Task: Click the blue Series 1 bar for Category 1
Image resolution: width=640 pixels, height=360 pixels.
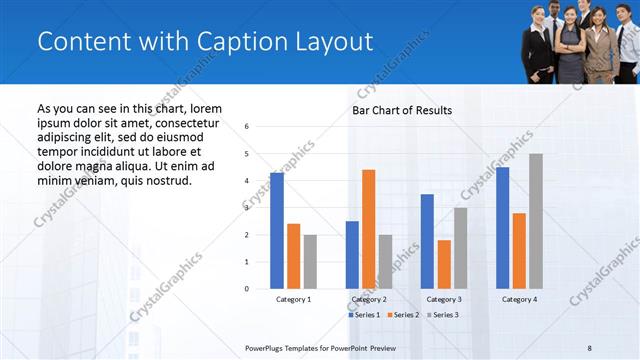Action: (x=277, y=231)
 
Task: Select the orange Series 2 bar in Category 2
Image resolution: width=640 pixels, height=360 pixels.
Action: (x=369, y=229)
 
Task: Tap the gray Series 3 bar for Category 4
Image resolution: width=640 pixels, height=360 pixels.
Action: (x=536, y=221)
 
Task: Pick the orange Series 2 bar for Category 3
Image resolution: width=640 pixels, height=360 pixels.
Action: (x=444, y=264)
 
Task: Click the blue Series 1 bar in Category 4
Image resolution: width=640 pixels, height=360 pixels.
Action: (x=502, y=228)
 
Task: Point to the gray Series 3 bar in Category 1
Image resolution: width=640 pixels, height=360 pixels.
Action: (x=310, y=262)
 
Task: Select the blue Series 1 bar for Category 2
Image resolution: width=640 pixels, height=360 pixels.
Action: (x=352, y=255)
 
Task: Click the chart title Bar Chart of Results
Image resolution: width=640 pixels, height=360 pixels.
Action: (x=402, y=110)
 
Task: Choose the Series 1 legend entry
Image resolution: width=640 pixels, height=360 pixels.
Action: (x=364, y=315)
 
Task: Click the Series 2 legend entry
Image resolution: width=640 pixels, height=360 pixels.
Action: (x=403, y=315)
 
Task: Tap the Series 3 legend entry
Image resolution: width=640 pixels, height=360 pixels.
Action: (x=442, y=315)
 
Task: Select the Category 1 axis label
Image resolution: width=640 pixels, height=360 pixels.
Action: (x=293, y=299)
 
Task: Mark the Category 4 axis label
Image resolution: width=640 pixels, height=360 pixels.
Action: (x=519, y=299)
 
